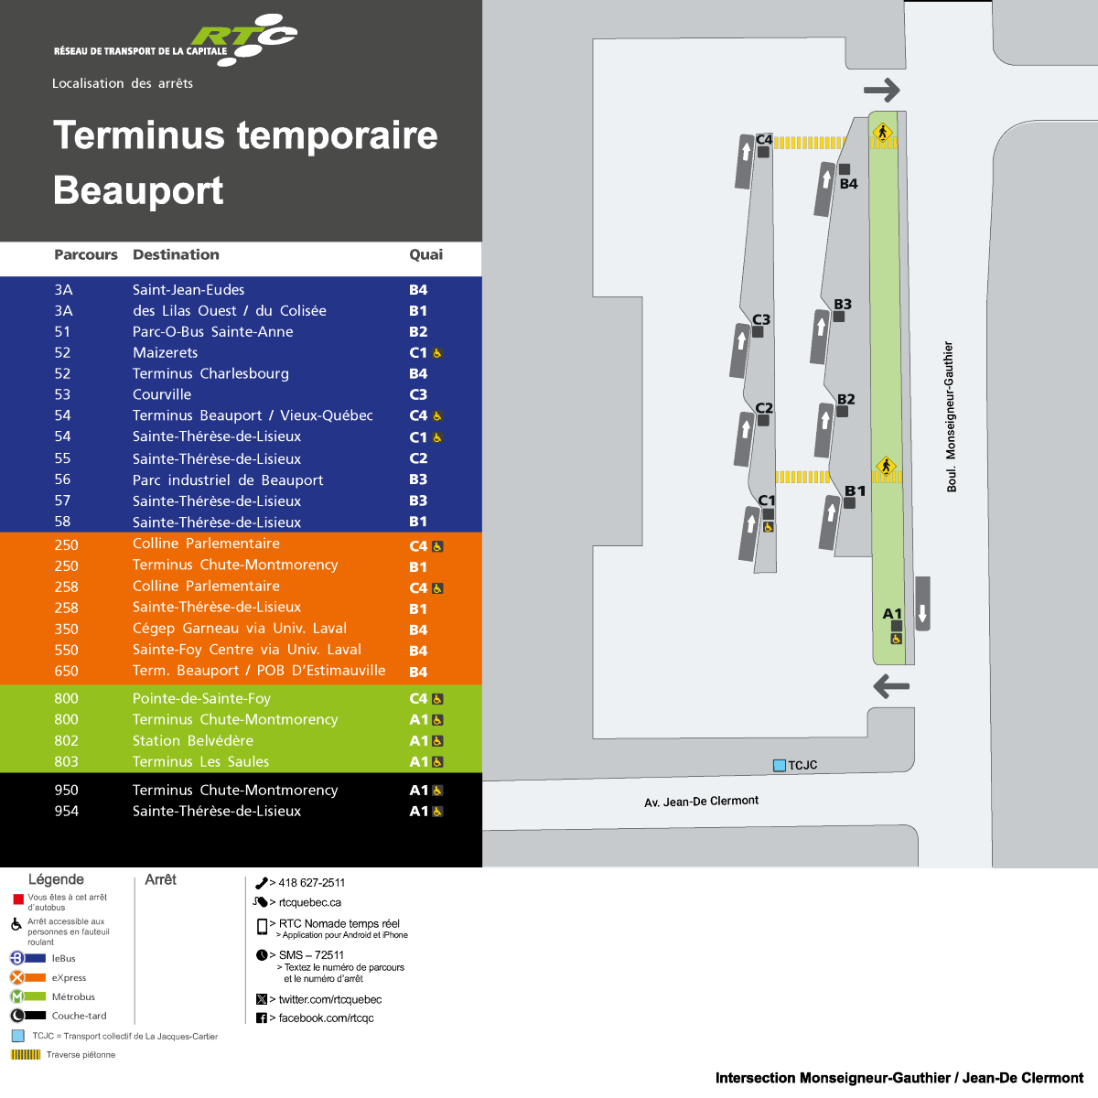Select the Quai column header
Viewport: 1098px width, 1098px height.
[425, 255]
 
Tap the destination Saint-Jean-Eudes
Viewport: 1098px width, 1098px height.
[188, 290]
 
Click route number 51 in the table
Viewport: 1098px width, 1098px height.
[62, 332]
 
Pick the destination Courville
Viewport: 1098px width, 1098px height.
[162, 395]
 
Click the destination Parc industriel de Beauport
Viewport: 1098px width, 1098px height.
[228, 480]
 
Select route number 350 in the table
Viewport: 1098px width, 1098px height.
[66, 630]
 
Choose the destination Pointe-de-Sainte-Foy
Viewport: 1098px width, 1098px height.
[201, 699]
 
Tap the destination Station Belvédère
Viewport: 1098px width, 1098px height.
[193, 741]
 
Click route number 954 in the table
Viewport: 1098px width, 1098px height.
[66, 812]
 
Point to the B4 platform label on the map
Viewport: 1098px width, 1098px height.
[849, 184]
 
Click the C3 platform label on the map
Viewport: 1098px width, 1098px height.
[761, 319]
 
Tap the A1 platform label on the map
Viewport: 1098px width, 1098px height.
[892, 614]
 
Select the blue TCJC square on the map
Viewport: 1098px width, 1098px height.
[780, 766]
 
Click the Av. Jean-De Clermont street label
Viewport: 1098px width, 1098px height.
[701, 802]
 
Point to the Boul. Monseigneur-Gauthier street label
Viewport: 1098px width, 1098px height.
[950, 417]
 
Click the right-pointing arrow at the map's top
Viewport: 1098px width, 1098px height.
[882, 90]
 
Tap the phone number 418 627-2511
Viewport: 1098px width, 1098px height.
[311, 883]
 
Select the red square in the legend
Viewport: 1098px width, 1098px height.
[17, 900]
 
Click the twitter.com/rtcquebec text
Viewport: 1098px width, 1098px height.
[329, 1000]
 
